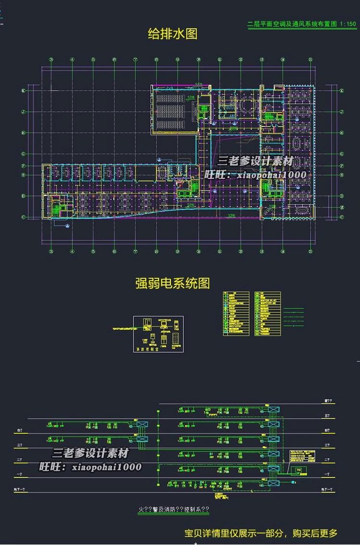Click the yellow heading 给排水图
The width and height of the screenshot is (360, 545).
(173, 34)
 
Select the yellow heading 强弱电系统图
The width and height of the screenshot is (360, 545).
(173, 283)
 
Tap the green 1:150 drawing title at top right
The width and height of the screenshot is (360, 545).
(301, 24)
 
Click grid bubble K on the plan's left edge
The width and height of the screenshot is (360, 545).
(22, 90)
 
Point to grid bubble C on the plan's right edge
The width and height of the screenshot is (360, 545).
(342, 217)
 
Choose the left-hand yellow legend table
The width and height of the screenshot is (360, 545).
(236, 313)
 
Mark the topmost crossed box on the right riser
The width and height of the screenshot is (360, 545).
(274, 409)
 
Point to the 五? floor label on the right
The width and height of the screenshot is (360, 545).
(327, 415)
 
